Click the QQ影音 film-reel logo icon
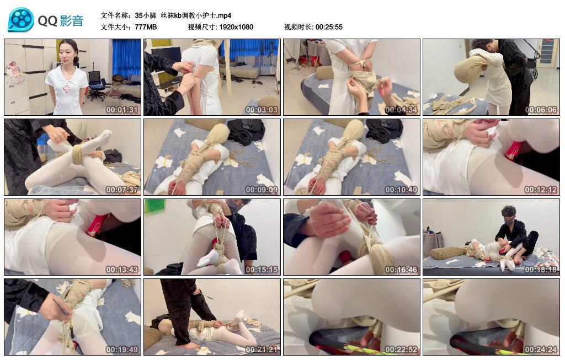pyautogui.click(x=21, y=20)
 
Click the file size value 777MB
pyautogui.click(x=146, y=27)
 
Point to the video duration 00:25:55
pyautogui.click(x=329, y=27)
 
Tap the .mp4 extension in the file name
pyautogui.click(x=223, y=15)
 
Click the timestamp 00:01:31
pyautogui.click(x=122, y=110)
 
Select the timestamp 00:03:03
pyautogui.click(x=262, y=110)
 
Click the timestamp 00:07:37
pyautogui.click(x=122, y=190)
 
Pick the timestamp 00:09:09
pyautogui.click(x=262, y=190)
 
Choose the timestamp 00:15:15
pyautogui.click(x=262, y=270)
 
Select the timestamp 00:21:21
pyautogui.click(x=262, y=350)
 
